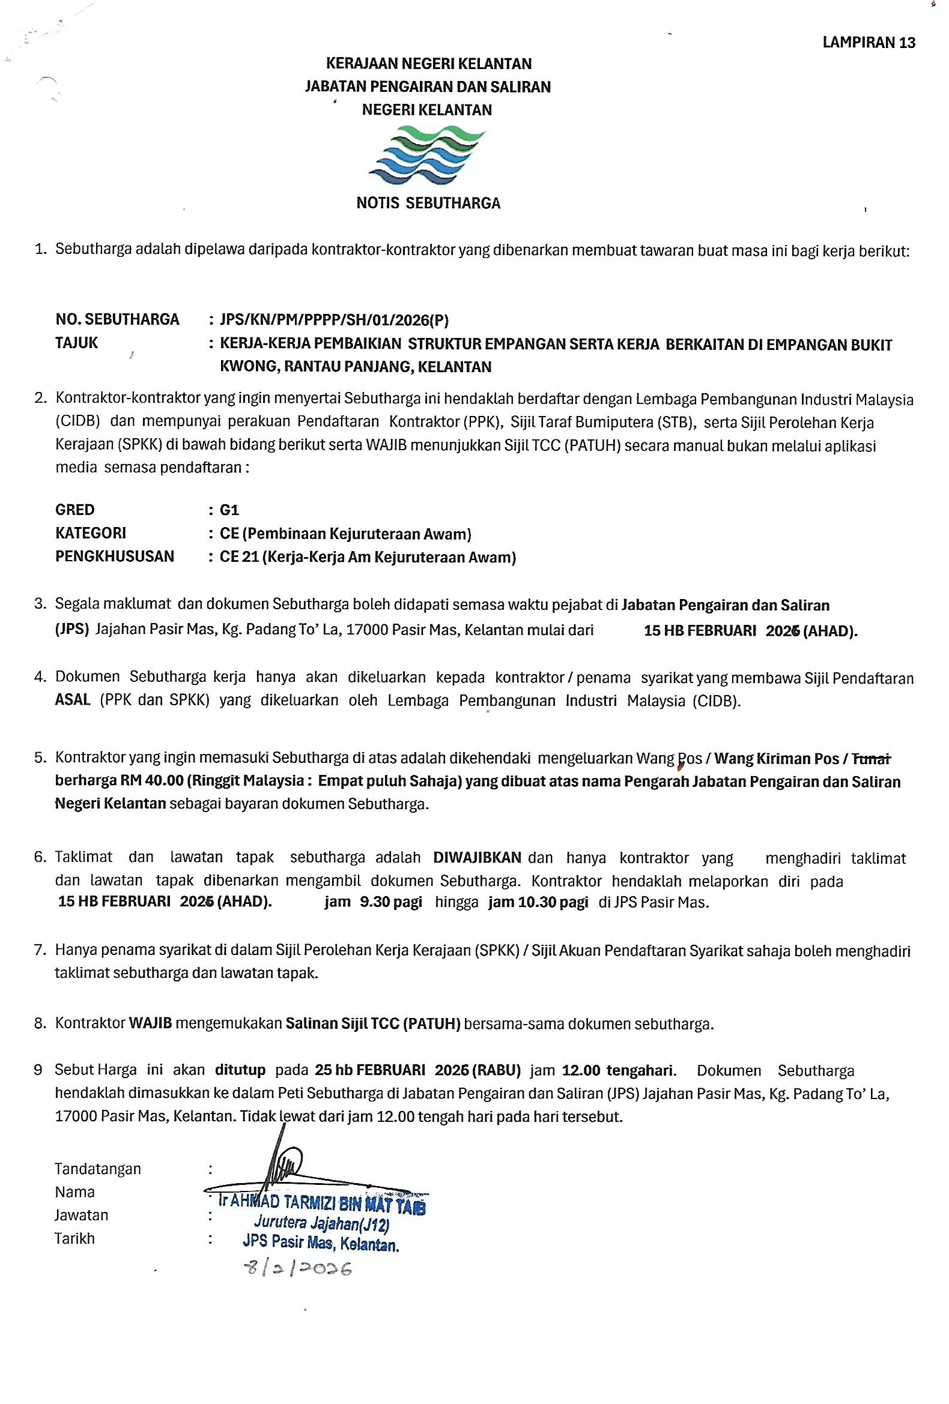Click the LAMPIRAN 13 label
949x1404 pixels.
click(869, 42)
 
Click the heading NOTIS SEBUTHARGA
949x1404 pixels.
click(428, 203)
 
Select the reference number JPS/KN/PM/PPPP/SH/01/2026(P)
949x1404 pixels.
click(335, 319)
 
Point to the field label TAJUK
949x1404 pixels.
click(77, 343)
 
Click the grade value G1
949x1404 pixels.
click(229, 510)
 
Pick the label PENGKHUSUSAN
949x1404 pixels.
click(115, 556)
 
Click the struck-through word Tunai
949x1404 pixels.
click(870, 758)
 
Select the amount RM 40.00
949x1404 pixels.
click(152, 781)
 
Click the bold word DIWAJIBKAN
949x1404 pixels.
click(478, 857)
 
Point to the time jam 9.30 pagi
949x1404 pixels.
click(373, 903)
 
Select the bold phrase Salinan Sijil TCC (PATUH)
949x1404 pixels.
click(373, 1023)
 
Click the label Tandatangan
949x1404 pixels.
click(98, 1168)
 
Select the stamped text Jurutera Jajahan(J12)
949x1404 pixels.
click(321, 1224)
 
